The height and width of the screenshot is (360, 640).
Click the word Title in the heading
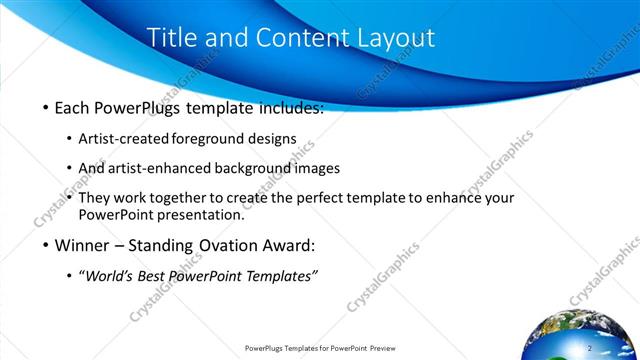pos(171,38)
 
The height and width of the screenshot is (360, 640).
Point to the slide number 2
pos(591,347)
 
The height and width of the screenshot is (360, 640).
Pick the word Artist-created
pos(123,139)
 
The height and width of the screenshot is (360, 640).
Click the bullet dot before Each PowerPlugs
pos(46,108)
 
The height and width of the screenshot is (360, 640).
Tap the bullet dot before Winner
pos(46,245)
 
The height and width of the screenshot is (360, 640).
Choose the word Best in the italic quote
pos(158,275)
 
